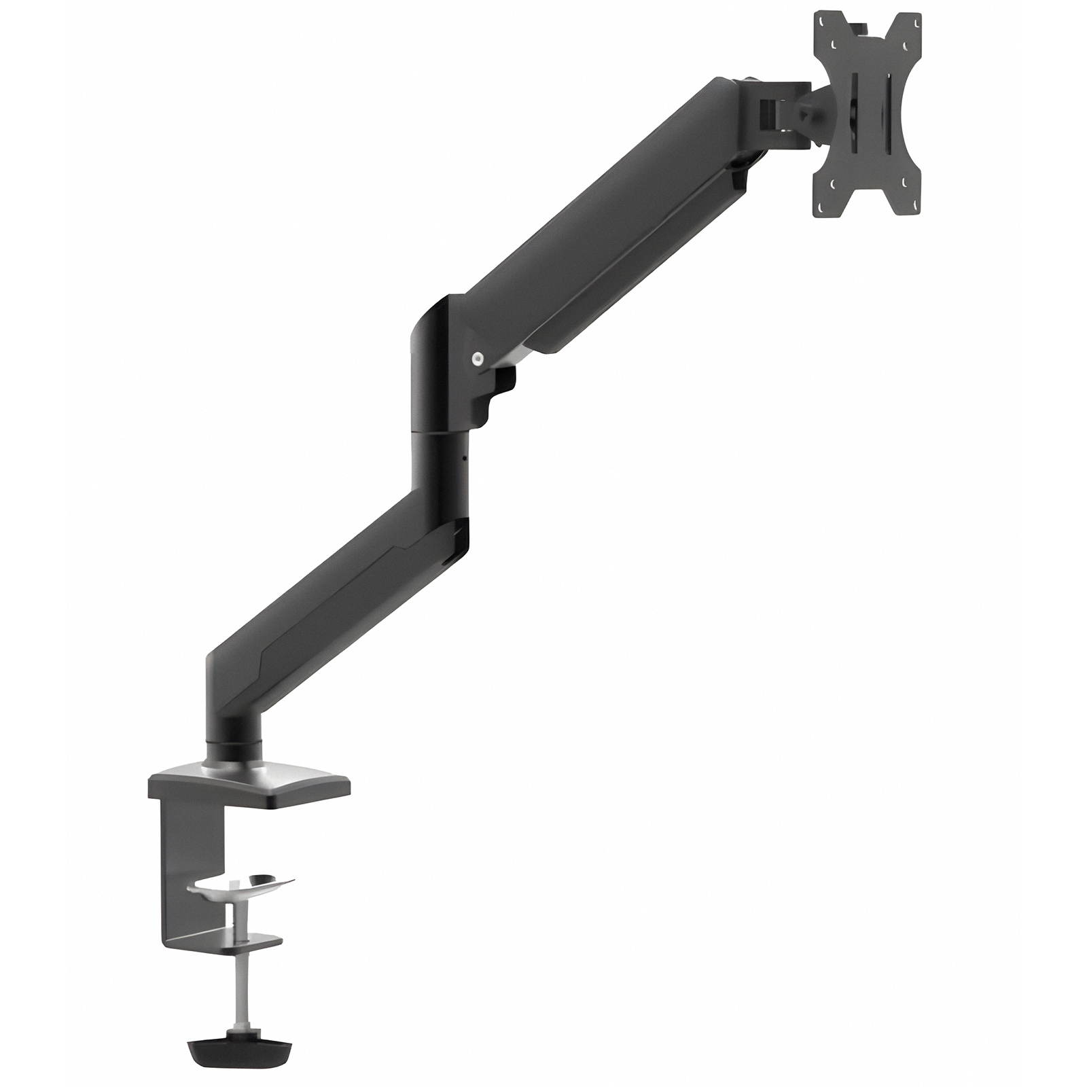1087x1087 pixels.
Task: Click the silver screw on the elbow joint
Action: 478,357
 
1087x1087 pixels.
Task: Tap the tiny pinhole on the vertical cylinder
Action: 465,457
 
